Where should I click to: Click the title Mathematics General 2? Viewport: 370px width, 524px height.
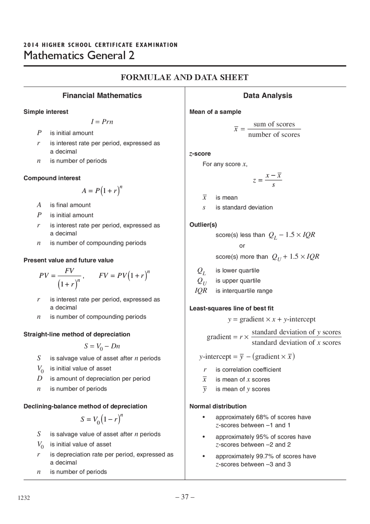point(79,55)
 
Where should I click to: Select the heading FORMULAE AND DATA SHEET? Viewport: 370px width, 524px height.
point(184,78)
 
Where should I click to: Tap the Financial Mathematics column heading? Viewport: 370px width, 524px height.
point(102,95)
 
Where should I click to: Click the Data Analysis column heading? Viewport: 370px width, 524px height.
point(267,95)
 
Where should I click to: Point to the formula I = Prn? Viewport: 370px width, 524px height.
point(102,122)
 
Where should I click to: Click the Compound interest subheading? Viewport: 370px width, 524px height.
point(52,178)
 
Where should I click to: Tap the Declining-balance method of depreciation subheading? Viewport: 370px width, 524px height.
point(85,406)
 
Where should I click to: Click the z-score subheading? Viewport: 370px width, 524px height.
point(200,154)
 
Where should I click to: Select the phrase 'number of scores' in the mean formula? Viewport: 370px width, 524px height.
point(274,135)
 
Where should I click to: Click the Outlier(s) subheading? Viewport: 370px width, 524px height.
point(203,225)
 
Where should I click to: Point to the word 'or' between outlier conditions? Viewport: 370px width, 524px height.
point(242,246)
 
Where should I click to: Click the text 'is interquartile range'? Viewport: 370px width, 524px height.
point(244,291)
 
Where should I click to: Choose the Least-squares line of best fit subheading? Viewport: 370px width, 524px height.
point(231,308)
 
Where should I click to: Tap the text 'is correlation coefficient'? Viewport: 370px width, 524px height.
point(248,369)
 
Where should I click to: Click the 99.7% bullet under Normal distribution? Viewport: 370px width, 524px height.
point(265,460)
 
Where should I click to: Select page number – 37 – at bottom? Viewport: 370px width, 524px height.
point(185,497)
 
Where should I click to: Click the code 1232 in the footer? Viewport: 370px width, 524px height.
point(24,498)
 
